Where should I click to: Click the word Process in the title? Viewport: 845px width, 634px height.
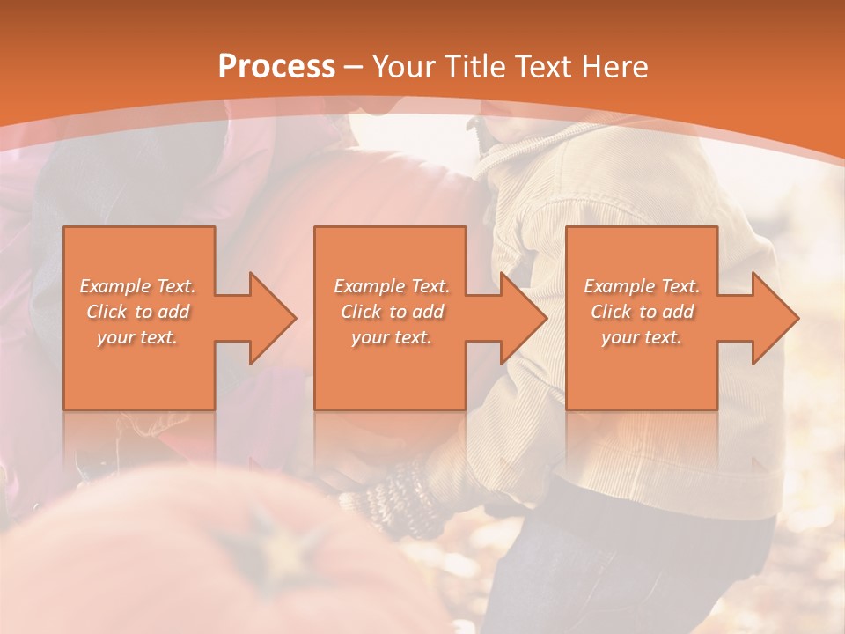click(276, 67)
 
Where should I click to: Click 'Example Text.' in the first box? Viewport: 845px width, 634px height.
click(137, 286)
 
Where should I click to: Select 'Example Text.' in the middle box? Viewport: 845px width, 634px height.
click(392, 286)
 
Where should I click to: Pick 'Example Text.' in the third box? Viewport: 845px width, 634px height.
click(642, 286)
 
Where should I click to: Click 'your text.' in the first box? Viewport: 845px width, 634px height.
click(137, 337)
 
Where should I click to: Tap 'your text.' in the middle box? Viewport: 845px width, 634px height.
click(392, 337)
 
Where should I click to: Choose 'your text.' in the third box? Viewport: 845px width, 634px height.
click(642, 337)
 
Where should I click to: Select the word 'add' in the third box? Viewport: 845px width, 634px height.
click(678, 312)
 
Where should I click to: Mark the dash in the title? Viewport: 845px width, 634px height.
click(354, 68)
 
